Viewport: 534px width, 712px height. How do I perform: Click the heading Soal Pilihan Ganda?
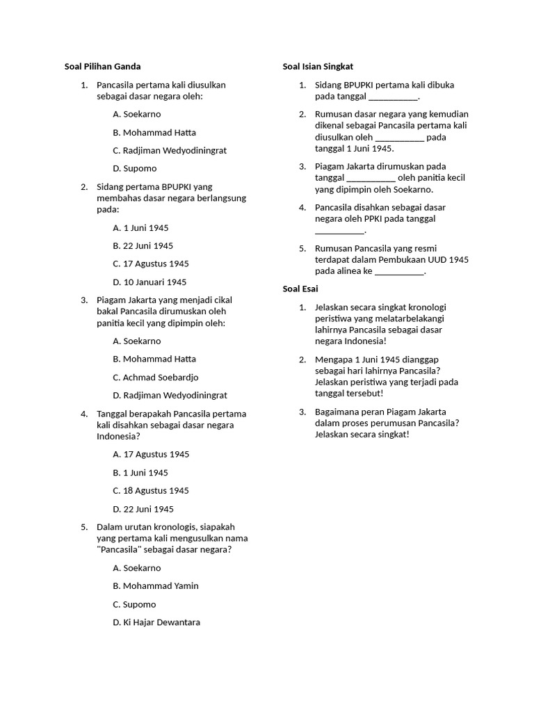102,67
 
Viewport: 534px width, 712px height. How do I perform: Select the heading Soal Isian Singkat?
318,67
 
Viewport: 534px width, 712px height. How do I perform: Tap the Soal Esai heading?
300,289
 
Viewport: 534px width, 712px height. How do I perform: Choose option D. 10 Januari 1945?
149,282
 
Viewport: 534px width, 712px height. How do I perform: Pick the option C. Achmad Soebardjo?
155,378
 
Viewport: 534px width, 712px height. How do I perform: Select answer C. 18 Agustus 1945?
151,491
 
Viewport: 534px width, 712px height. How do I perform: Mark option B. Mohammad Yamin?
155,586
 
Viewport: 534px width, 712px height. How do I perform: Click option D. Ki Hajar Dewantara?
156,622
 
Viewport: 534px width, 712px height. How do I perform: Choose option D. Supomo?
134,168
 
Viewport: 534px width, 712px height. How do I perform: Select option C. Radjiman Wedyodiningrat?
170,150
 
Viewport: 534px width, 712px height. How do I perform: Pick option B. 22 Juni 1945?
143,245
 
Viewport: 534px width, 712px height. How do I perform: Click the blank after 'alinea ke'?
399,272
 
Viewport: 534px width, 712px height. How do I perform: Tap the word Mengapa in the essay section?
334,359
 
